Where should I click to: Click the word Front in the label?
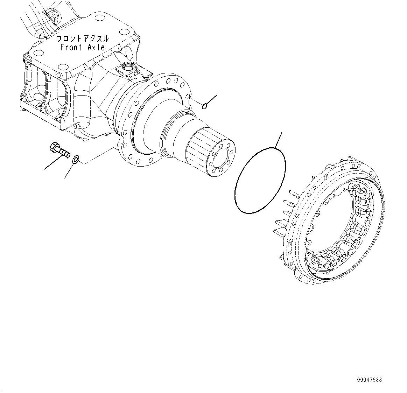[71, 48]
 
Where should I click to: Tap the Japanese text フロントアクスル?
[83, 39]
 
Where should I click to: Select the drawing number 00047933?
[370, 380]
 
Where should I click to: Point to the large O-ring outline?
[260, 180]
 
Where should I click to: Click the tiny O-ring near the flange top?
[205, 105]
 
